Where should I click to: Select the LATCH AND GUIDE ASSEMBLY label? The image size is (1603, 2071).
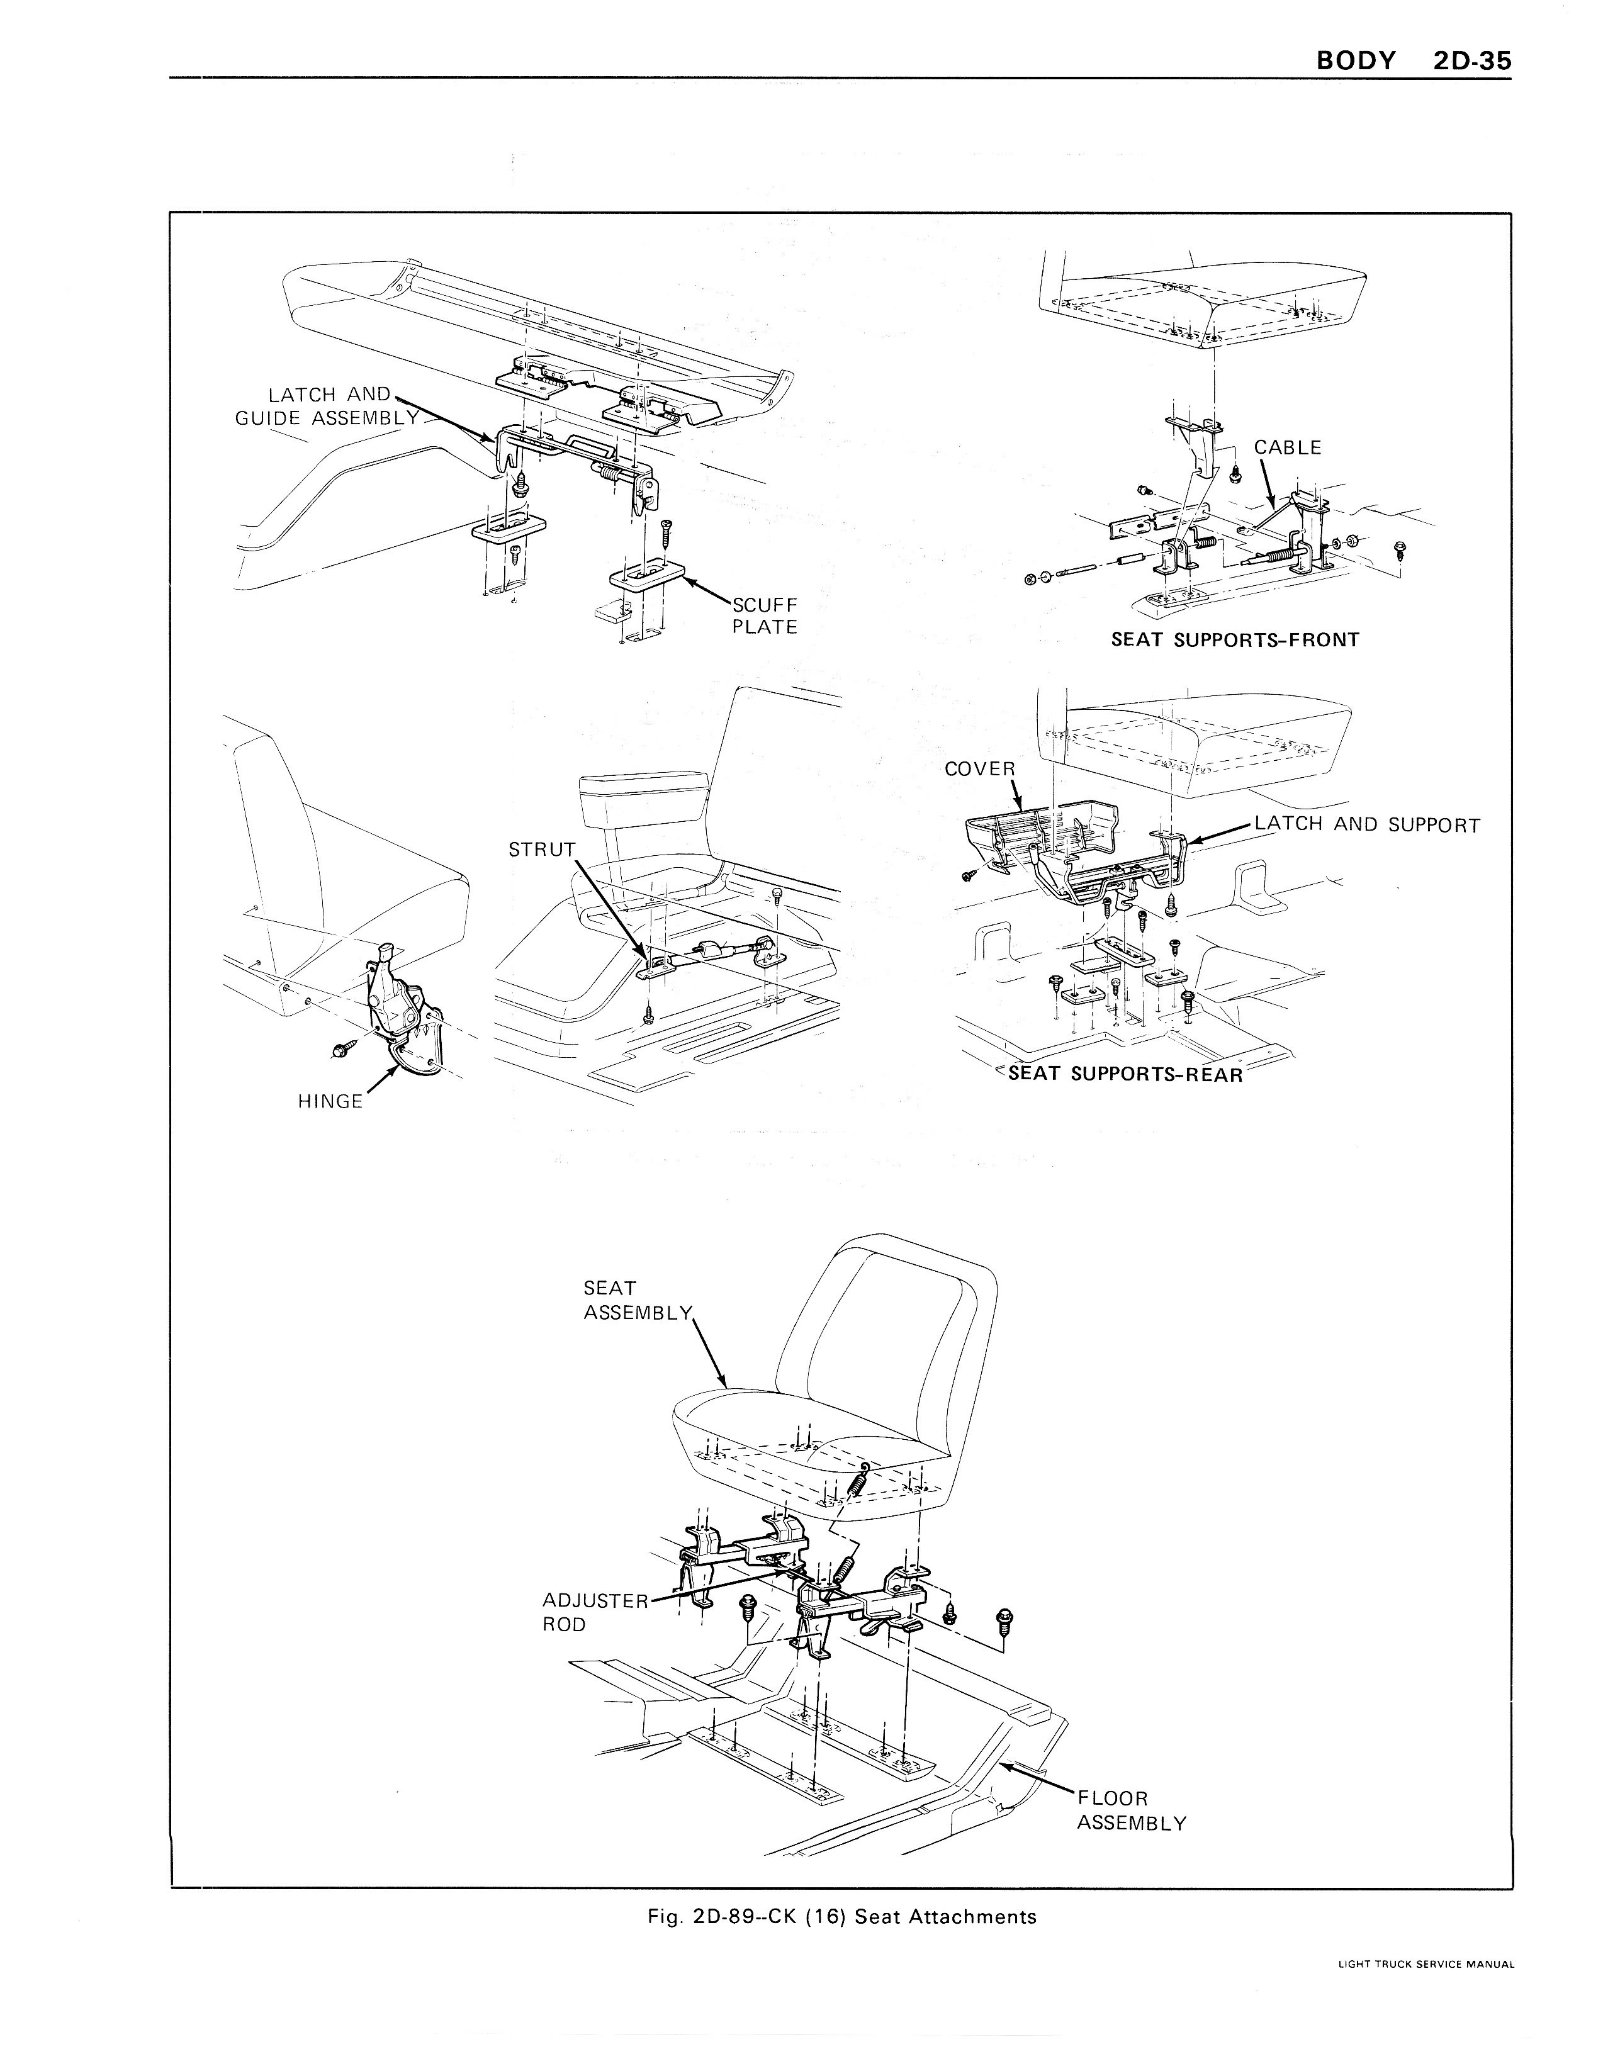point(327,406)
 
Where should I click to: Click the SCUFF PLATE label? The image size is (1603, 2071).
point(765,615)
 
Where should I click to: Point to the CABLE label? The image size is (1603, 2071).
point(1287,447)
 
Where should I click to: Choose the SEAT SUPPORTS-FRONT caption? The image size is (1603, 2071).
point(1235,640)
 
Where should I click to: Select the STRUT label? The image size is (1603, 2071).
point(542,850)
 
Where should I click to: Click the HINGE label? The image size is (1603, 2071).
point(330,1101)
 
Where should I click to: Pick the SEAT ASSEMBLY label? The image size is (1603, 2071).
point(638,1300)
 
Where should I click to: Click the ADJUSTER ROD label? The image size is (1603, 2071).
point(595,1612)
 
